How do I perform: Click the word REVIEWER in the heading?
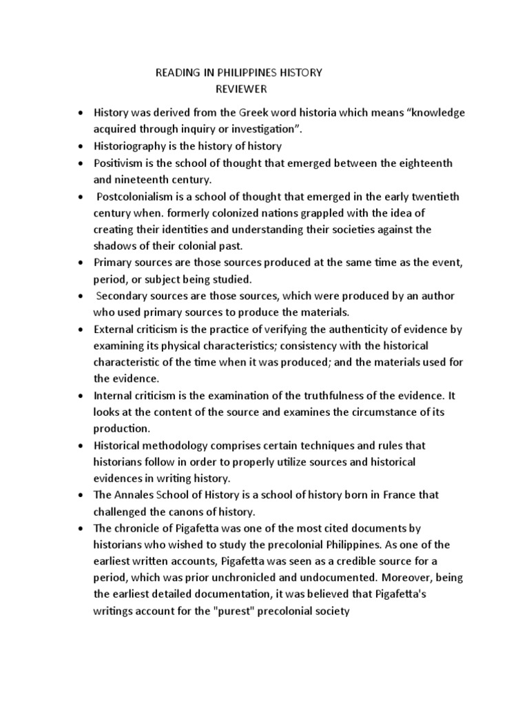coord(240,89)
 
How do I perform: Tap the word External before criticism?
coord(116,329)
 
